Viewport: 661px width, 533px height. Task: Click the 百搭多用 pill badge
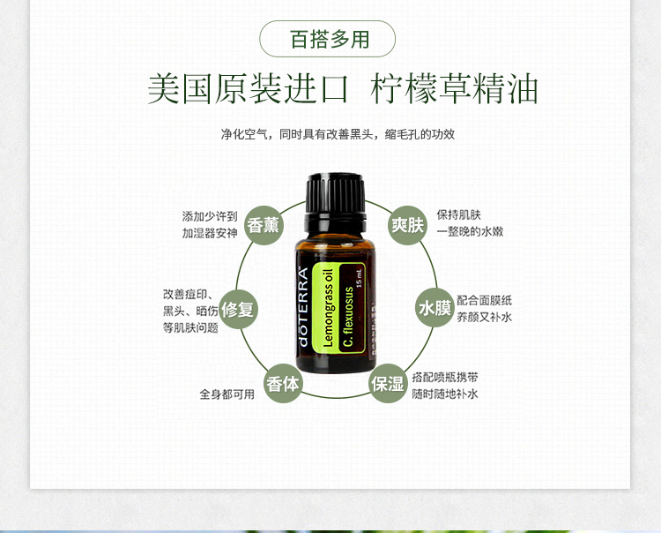(327, 39)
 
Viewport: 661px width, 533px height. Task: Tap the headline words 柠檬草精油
(455, 88)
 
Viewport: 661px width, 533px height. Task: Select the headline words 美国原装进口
(249, 88)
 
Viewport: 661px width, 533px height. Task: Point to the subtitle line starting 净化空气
(338, 134)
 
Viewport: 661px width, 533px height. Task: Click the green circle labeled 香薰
(264, 225)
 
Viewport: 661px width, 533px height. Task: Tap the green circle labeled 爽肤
(407, 225)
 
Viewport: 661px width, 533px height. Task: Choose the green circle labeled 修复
(238, 310)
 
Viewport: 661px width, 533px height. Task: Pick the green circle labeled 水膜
(434, 308)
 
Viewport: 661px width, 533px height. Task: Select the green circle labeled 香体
(283, 383)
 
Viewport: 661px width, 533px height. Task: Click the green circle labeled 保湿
(388, 383)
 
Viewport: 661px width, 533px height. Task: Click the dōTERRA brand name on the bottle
(303, 307)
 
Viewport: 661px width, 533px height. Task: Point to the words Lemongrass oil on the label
(328, 308)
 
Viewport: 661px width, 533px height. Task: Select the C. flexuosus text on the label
(348, 317)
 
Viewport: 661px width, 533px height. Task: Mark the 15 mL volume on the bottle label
(360, 278)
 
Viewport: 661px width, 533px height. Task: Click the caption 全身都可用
(227, 394)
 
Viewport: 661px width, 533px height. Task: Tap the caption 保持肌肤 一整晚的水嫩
(470, 223)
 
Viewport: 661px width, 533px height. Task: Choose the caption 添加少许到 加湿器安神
(210, 225)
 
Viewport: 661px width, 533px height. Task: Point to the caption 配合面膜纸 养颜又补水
(485, 309)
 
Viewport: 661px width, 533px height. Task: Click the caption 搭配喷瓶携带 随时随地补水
(445, 386)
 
